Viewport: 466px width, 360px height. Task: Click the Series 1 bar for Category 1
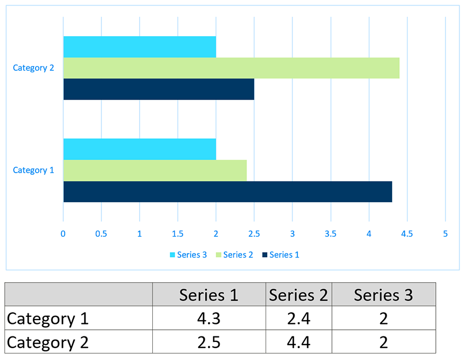coord(227,192)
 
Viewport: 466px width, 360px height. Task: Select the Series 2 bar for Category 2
coord(231,68)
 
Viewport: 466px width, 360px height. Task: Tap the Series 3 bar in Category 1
coord(140,149)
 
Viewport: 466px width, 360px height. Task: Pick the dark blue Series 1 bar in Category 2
coord(159,89)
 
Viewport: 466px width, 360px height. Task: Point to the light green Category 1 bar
coord(155,170)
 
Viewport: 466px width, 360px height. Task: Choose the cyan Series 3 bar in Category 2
coord(140,47)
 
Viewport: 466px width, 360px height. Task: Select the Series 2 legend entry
coord(234,255)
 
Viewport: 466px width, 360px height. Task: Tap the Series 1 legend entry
coord(280,255)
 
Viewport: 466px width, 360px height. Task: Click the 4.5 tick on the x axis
coord(407,234)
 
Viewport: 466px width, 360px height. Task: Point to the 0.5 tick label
coord(101,234)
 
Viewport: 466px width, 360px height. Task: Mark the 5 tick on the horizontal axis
coord(445,234)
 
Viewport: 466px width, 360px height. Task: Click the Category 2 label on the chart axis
coord(33,68)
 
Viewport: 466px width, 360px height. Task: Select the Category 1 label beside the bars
coord(33,170)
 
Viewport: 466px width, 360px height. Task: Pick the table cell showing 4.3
coord(209,318)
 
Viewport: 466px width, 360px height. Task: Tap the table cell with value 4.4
coord(298,342)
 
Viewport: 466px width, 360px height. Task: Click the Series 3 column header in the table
coord(383,295)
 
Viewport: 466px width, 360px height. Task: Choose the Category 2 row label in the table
coord(48,342)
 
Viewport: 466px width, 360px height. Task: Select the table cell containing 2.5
coord(209,342)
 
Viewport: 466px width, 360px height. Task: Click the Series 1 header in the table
coord(209,295)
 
